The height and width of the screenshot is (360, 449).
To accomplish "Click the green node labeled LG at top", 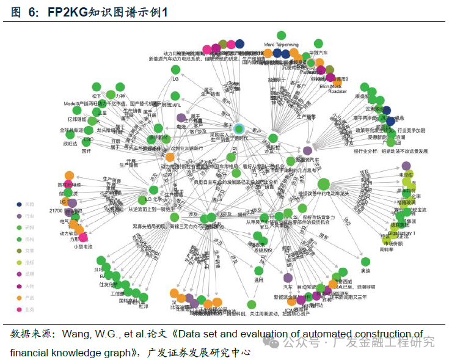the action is [175, 70].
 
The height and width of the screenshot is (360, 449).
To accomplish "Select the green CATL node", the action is [175, 97].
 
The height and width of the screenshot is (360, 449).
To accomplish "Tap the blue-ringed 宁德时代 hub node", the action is [239, 129].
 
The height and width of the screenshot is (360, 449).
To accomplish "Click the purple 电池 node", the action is [181, 118].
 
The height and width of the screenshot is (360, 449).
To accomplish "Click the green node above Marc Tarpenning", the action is [281, 35].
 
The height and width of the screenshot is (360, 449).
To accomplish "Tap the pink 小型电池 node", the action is [83, 238].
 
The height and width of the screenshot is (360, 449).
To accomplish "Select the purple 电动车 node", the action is [406, 166].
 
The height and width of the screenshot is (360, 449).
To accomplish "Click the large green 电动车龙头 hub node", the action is [324, 184].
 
